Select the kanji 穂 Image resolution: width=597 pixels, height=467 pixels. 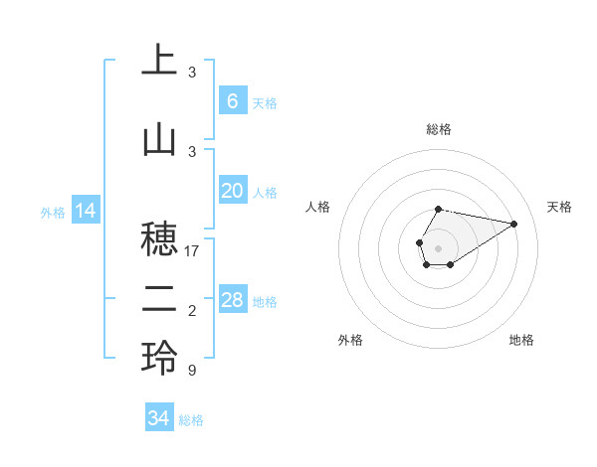point(159,237)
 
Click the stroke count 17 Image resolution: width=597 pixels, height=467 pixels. point(193,251)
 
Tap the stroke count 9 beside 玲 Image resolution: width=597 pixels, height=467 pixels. point(191,371)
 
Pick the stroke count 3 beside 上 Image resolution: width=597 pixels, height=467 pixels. point(192,73)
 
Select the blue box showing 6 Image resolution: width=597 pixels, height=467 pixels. point(232,100)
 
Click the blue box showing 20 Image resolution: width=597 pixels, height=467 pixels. point(232,191)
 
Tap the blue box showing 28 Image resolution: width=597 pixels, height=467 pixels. point(232,300)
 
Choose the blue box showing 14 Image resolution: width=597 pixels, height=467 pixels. point(85,211)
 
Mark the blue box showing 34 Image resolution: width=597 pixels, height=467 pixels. point(158,418)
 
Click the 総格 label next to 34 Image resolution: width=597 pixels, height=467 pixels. point(191,420)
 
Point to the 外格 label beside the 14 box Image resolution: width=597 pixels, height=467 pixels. point(53,212)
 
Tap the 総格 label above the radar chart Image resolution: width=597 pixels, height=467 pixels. point(438,129)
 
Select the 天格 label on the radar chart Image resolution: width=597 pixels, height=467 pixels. point(559,207)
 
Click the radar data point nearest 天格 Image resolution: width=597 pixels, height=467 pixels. point(513,223)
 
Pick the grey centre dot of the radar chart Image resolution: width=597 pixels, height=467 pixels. point(438,246)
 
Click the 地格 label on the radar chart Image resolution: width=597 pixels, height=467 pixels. point(521,340)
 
